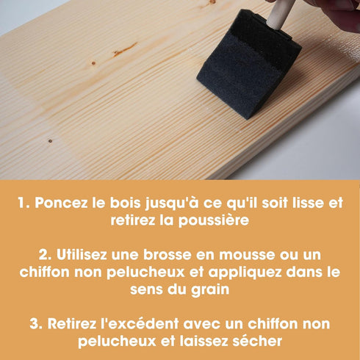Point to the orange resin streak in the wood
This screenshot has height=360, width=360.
click(x=124, y=49)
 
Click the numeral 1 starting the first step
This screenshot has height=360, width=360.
click(x=24, y=203)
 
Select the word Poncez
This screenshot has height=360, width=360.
click(x=61, y=203)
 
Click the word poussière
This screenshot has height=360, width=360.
click(x=213, y=220)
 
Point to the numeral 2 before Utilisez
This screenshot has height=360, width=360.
click(x=45, y=255)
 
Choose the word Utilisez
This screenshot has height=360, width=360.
click(x=82, y=255)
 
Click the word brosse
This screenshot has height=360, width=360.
click(x=167, y=255)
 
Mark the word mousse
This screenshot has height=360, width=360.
click(x=247, y=255)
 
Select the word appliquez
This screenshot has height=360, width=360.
click(x=245, y=273)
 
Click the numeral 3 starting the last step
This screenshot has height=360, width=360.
click(x=36, y=324)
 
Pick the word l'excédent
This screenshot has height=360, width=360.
click(x=140, y=324)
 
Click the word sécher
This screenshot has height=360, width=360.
click(x=257, y=341)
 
